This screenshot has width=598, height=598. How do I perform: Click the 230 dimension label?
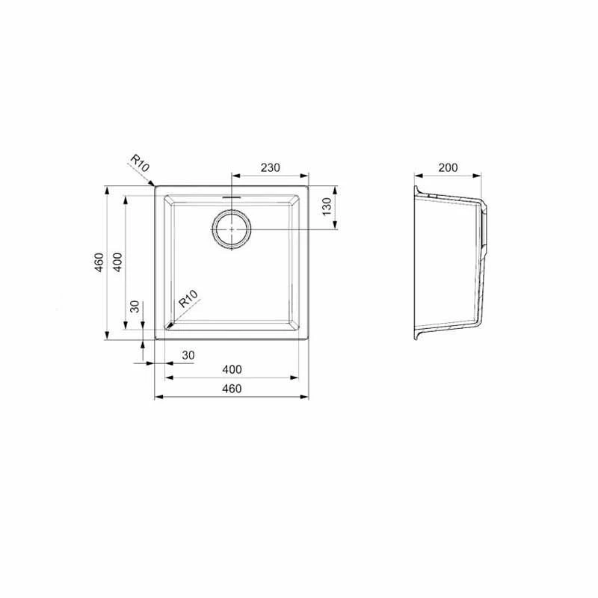(x=270, y=167)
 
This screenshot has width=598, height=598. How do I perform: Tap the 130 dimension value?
(x=327, y=207)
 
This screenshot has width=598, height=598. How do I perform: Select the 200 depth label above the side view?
(x=448, y=167)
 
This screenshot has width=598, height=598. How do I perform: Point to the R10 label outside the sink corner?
(x=140, y=163)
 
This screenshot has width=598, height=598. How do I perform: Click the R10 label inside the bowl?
(x=189, y=298)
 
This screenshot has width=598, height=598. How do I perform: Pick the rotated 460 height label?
(x=99, y=262)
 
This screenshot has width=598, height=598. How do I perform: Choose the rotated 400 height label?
(x=118, y=262)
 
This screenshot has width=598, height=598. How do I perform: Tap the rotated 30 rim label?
(x=135, y=306)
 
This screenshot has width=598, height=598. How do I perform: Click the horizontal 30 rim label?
(x=188, y=355)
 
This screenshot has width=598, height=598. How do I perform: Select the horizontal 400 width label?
(x=232, y=369)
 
